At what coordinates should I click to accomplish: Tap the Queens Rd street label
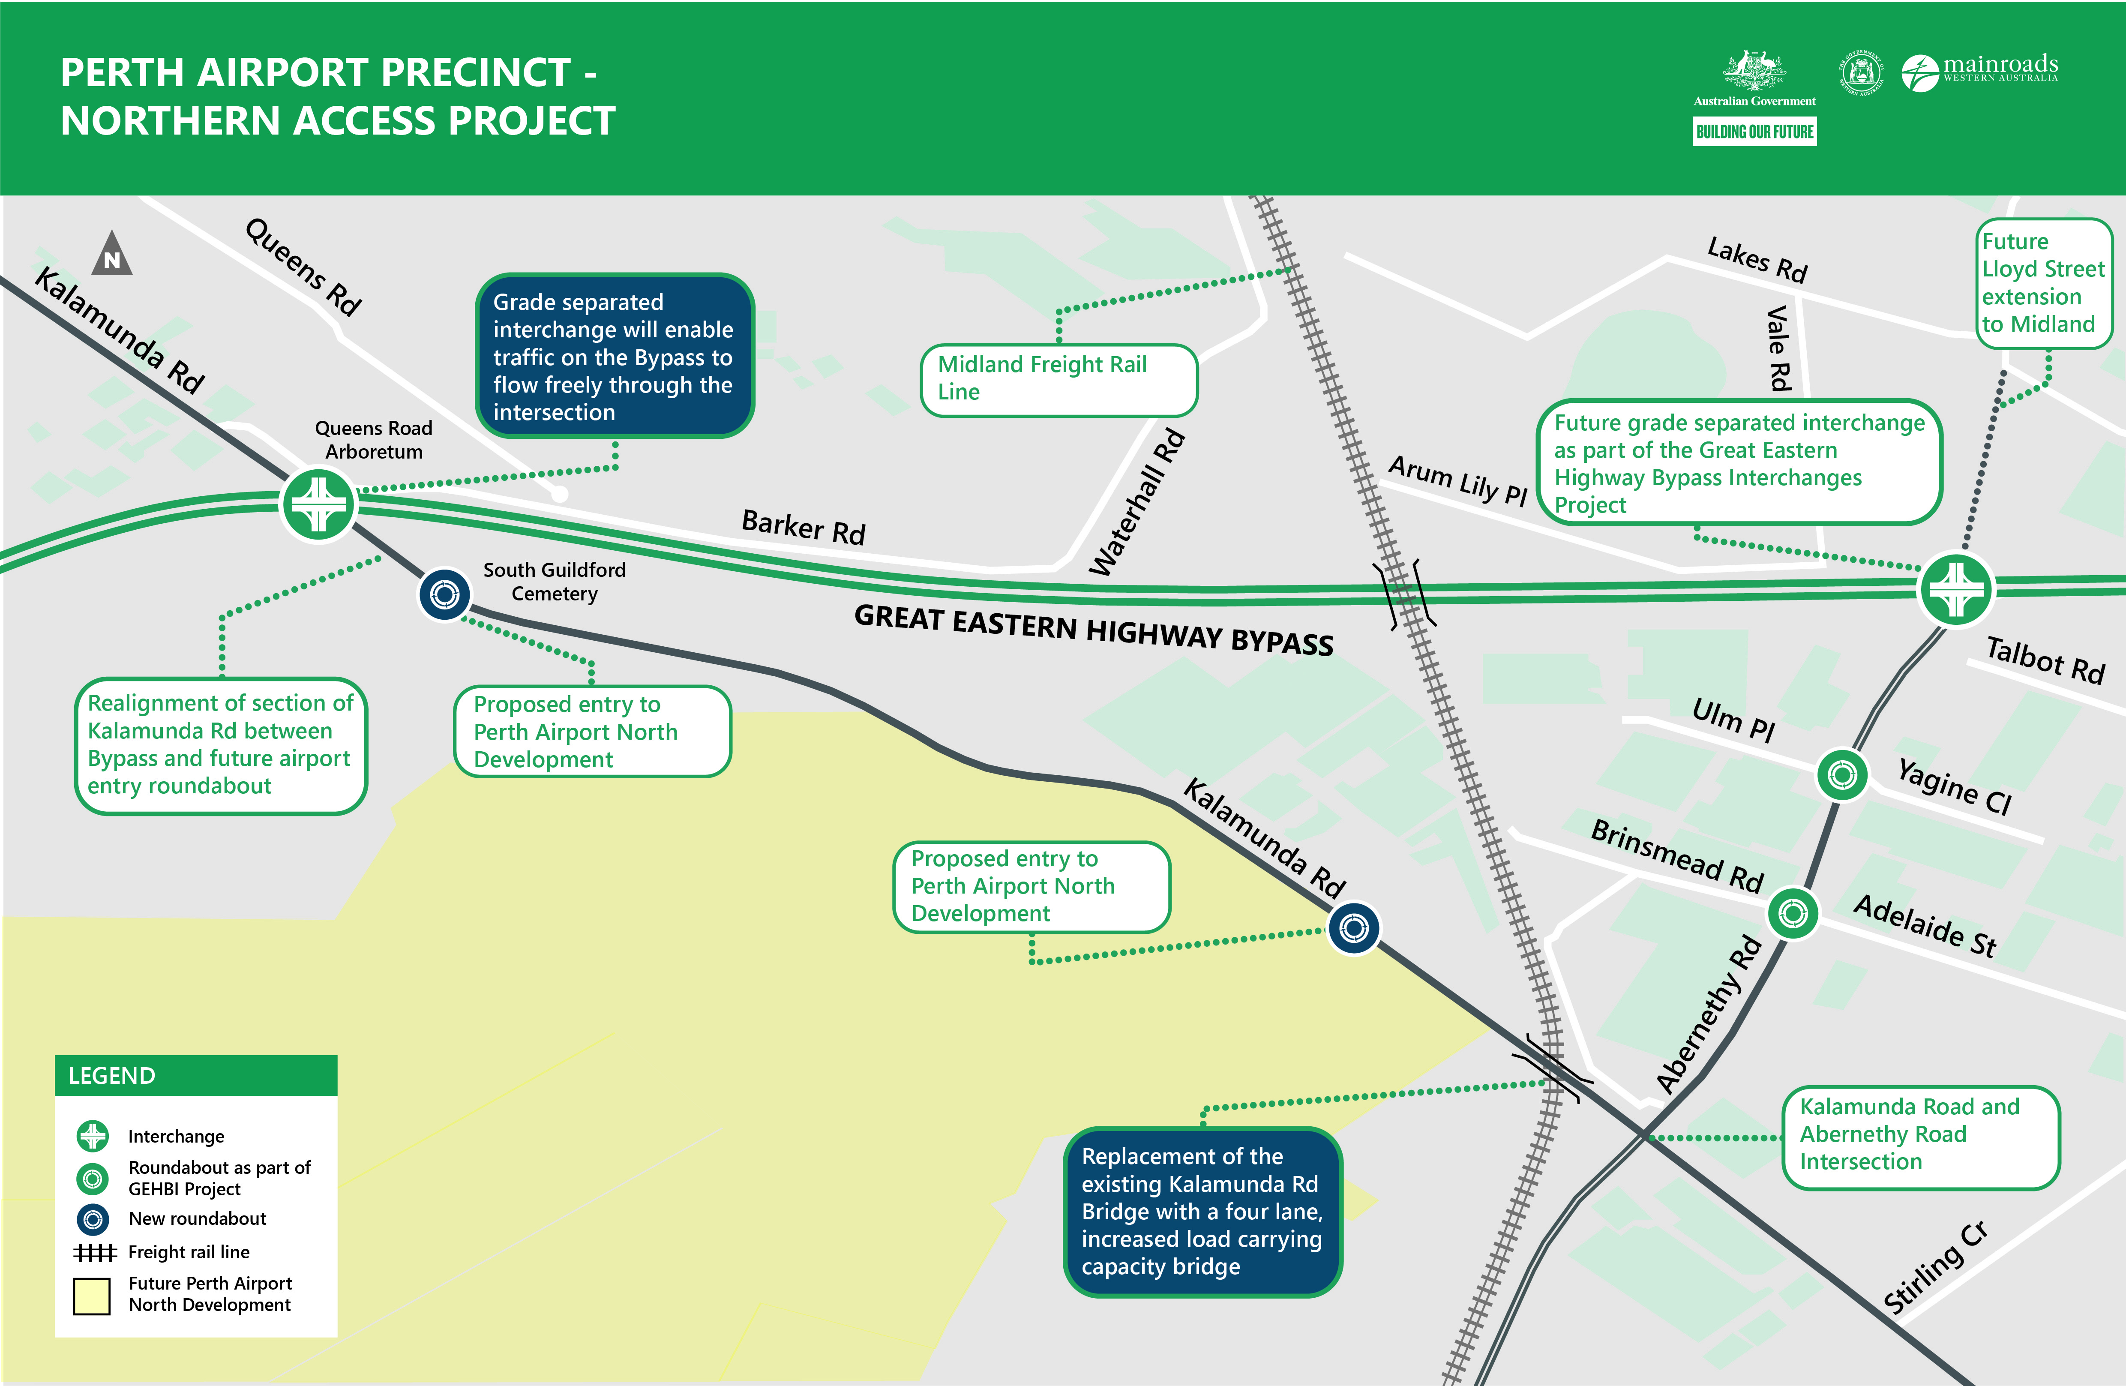pyautogui.click(x=304, y=266)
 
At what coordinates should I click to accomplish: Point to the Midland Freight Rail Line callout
pyautogui.click(x=1059, y=379)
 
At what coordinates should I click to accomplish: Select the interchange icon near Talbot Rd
pyautogui.click(x=1956, y=589)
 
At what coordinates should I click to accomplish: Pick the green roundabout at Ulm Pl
pyautogui.click(x=1842, y=775)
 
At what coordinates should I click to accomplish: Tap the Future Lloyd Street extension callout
pyautogui.click(x=2043, y=282)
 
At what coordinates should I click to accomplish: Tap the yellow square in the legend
pyautogui.click(x=92, y=1295)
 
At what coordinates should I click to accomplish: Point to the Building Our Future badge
pyautogui.click(x=1754, y=132)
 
